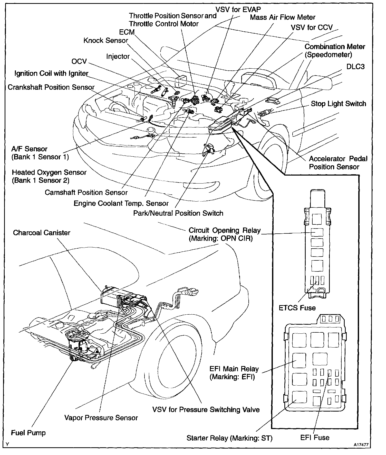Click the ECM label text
(x=127, y=32)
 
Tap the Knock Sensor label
(x=106, y=41)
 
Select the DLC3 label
(x=355, y=67)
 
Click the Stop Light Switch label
(x=338, y=104)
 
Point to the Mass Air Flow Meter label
(x=283, y=17)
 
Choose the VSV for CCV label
(x=312, y=28)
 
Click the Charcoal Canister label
(x=42, y=233)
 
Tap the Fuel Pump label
(x=28, y=433)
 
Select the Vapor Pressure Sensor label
(x=101, y=418)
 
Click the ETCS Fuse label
(x=297, y=308)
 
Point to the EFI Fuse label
(x=315, y=438)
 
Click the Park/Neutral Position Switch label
(x=178, y=213)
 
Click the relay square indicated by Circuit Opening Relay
(x=317, y=232)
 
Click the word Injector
(x=118, y=57)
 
